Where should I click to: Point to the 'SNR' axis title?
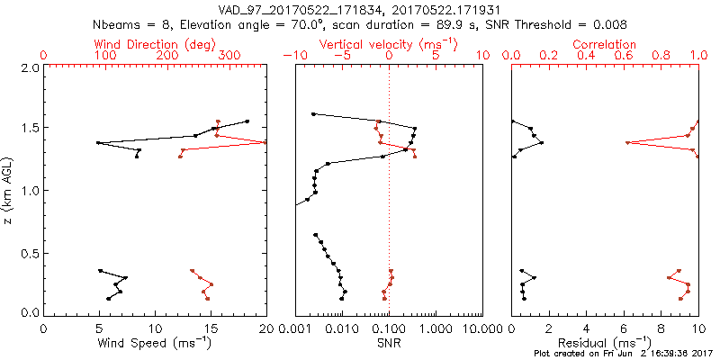388,343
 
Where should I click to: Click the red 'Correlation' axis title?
605,44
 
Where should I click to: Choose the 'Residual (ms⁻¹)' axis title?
605,343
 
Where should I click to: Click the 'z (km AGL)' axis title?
9,190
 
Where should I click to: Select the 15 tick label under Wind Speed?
211,328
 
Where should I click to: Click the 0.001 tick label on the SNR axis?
294,328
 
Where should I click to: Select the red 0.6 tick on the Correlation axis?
624,56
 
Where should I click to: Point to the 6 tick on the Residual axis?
624,328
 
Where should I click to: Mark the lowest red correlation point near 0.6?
626,142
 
